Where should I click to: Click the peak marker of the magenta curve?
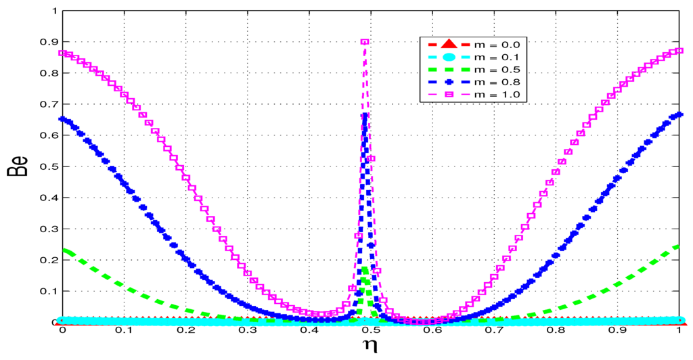pyautogui.click(x=365, y=42)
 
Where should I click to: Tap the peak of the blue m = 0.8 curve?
pyautogui.click(x=365, y=116)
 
